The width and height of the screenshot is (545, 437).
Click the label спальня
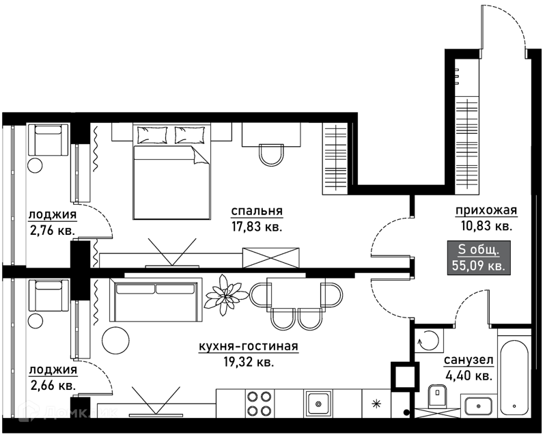pos(257,211)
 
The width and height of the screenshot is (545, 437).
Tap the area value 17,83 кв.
pos(257,227)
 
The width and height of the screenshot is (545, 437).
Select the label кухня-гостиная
pos(249,346)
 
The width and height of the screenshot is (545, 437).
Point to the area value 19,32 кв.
pos(249,363)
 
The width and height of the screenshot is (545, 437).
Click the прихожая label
pos(486,210)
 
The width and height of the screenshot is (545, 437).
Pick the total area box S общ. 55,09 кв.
pos(479,257)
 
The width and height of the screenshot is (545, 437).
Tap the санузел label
pos(469,361)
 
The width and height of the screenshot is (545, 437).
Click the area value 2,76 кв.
pos(52,230)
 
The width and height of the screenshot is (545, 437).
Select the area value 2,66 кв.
pos(52,385)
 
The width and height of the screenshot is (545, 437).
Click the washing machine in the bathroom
pos(430,341)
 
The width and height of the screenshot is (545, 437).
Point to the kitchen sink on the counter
pos(318,404)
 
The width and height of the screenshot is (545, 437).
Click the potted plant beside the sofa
pos(227,295)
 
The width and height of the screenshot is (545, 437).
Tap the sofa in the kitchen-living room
pos(156,299)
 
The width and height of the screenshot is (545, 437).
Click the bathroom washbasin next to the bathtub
pos(478,406)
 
